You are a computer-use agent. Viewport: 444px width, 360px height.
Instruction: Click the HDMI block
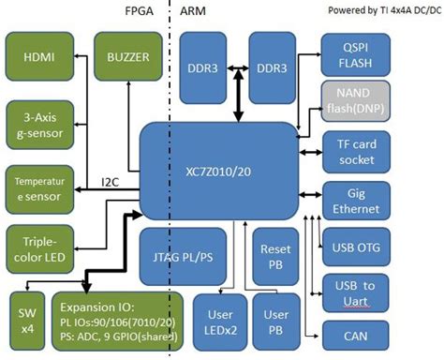point(39,58)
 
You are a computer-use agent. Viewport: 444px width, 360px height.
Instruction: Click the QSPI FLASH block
point(350,52)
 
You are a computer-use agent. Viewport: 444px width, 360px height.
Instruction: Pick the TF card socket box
point(350,153)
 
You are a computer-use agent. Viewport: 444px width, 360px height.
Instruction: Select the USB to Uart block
point(350,291)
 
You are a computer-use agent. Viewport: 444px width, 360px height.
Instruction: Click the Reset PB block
point(275,256)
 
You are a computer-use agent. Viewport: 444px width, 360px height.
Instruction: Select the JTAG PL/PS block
point(182,256)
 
